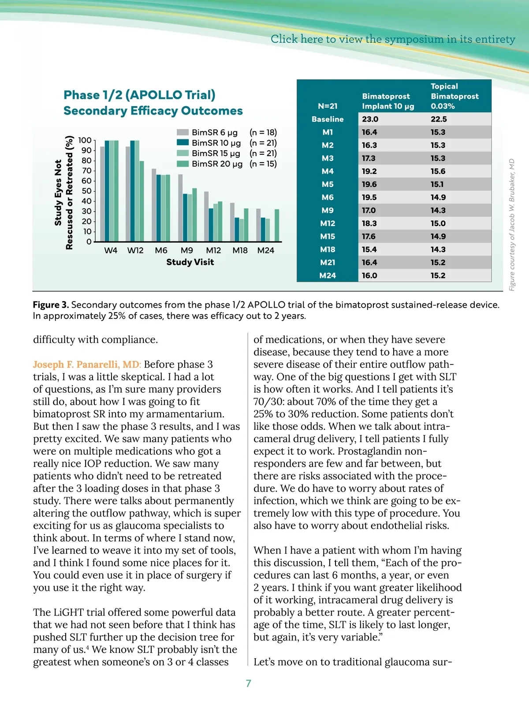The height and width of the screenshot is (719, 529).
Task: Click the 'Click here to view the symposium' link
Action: [392, 39]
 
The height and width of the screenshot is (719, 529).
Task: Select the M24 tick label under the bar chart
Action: [266, 250]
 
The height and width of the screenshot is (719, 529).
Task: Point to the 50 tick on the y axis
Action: [86, 191]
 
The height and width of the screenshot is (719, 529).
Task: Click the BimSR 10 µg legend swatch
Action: [183, 142]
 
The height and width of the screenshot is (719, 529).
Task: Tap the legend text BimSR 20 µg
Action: [217, 164]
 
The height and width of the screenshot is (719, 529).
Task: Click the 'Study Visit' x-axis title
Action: [190, 262]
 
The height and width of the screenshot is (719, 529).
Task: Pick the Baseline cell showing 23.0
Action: [370, 119]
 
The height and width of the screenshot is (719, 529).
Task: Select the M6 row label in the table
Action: [328, 197]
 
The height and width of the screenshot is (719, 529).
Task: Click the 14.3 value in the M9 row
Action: [438, 210]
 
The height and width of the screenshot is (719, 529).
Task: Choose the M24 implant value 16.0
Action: [369, 276]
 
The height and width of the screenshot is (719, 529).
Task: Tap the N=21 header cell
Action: [328, 106]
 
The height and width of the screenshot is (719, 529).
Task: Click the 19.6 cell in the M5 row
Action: [369, 184]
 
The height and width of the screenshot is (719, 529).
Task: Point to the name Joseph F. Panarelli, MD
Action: [86, 365]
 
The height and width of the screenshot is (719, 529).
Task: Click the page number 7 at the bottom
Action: [249, 683]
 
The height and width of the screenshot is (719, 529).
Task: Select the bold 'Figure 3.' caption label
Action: [51, 305]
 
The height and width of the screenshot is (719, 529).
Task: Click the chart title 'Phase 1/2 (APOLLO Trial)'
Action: [139, 95]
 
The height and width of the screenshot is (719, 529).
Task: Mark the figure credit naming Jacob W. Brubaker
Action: [512, 225]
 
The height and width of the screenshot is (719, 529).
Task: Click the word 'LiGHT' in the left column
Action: [66, 612]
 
